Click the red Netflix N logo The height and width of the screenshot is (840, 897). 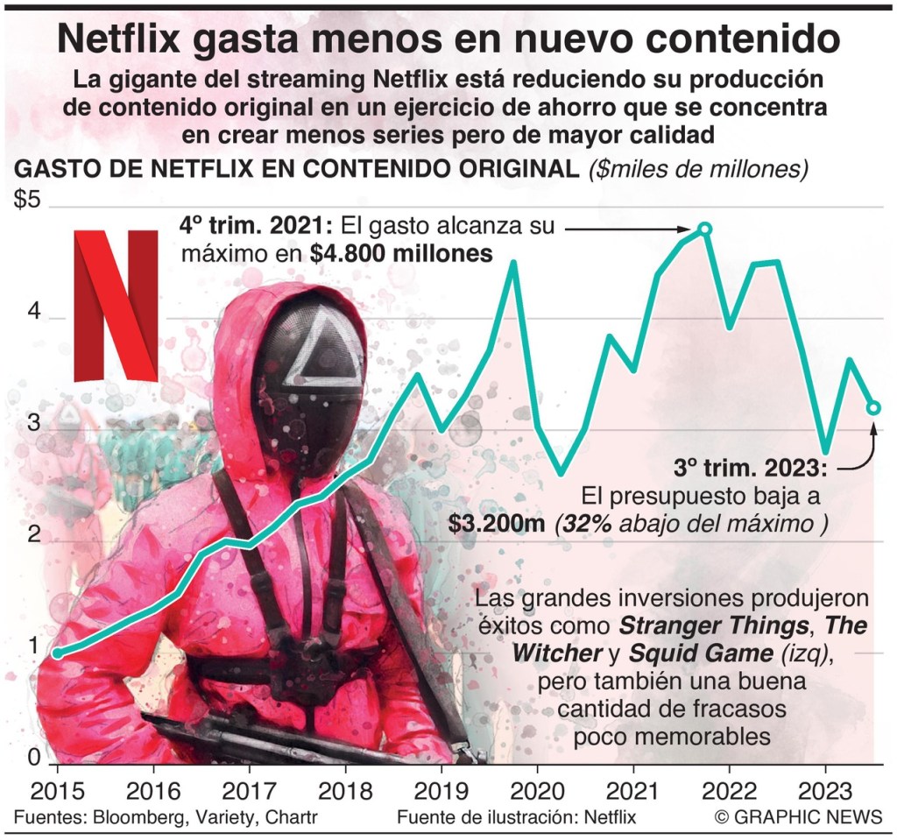(x=115, y=304)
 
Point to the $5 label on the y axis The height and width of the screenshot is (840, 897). (x=27, y=201)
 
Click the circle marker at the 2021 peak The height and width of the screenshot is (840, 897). (x=704, y=229)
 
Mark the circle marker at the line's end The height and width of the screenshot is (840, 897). (x=873, y=407)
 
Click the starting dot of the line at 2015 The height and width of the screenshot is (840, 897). (x=57, y=653)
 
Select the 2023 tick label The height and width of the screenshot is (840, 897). (x=824, y=790)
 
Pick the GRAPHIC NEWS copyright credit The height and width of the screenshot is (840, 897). (x=798, y=817)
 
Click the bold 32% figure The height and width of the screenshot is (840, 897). (x=584, y=524)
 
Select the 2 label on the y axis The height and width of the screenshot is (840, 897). (x=35, y=534)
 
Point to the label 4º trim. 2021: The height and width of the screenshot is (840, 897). (x=257, y=226)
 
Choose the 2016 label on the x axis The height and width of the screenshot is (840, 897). (x=153, y=790)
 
